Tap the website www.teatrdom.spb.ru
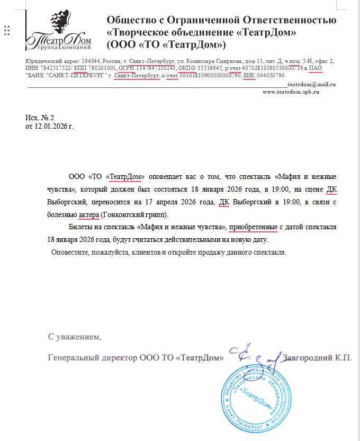click(291, 92)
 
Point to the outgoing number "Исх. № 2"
click(40, 118)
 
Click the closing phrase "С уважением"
click(75, 336)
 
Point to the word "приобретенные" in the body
click(254, 227)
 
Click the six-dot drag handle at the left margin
click(7, 30)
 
